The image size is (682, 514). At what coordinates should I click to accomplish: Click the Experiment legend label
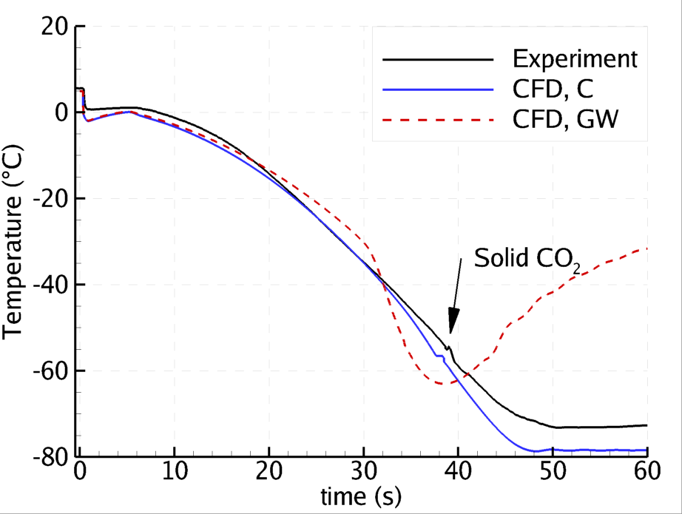(x=574, y=58)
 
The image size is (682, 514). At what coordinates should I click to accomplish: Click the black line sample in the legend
(x=438, y=58)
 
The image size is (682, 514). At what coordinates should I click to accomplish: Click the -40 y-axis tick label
(x=48, y=285)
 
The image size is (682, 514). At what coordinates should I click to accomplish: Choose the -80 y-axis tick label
(x=48, y=456)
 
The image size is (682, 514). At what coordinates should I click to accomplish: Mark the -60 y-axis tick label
(x=48, y=371)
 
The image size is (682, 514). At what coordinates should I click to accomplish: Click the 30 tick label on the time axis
(x=363, y=472)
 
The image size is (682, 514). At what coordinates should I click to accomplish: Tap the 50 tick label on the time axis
(x=553, y=472)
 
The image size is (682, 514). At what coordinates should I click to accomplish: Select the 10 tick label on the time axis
(x=174, y=472)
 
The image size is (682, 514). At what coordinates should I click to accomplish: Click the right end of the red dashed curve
(x=647, y=248)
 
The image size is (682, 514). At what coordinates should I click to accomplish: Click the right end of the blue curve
(x=647, y=450)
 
